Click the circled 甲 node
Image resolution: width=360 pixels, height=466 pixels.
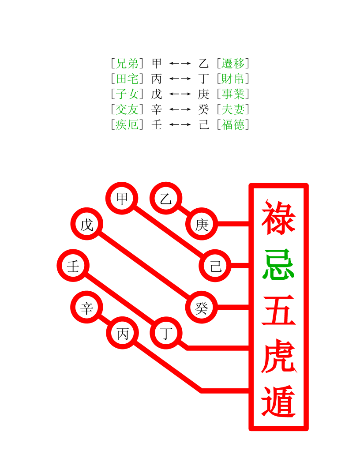pos(122,199)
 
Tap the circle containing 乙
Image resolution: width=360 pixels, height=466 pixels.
pos(166,199)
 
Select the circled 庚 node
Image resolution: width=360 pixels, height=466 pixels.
pos(202,225)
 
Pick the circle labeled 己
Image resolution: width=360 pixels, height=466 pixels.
pos(215,266)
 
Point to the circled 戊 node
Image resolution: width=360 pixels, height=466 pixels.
pos(87,225)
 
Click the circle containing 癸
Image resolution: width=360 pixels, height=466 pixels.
pos(202,308)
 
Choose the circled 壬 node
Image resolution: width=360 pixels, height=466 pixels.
pos(73,266)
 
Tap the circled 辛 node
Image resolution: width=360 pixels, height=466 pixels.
pos(87,308)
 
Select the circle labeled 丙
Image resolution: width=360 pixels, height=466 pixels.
pos(122,333)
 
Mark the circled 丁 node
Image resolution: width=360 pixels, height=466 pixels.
pos(166,333)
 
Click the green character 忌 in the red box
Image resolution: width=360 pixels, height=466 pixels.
pos(278,264)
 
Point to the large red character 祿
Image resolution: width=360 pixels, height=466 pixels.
pos(278,218)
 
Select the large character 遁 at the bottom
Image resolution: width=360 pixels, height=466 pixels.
pos(278,401)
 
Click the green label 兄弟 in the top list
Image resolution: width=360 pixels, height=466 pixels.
pos(127,64)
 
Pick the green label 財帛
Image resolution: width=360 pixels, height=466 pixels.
pos(233,79)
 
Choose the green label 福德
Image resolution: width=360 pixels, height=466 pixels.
pos(233,125)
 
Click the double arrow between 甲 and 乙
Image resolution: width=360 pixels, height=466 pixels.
pos(180,64)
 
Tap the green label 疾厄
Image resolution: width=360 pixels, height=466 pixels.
pos(127,125)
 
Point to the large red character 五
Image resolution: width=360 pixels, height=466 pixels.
pos(278,311)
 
